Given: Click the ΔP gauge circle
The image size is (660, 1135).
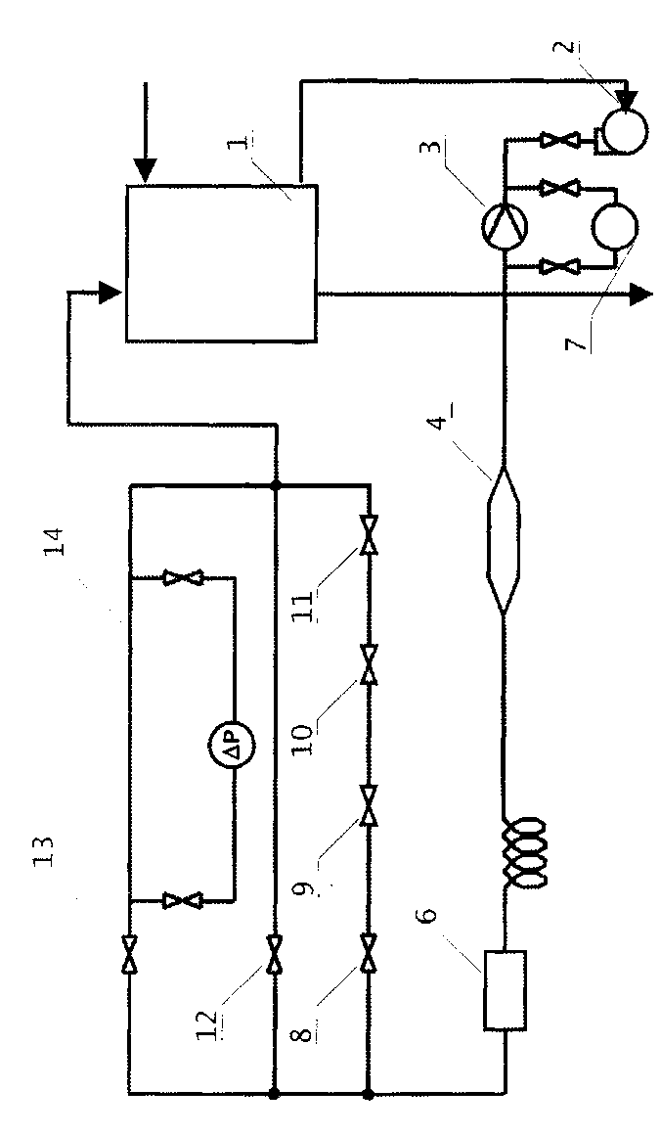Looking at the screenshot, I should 233,749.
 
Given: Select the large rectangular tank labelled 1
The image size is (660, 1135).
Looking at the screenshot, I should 220,264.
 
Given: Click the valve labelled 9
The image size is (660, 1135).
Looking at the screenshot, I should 369,806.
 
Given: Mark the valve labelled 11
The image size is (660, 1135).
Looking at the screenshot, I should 369,534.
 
